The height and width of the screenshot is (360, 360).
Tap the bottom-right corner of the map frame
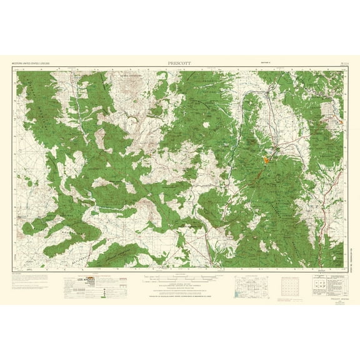tap(344, 267)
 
